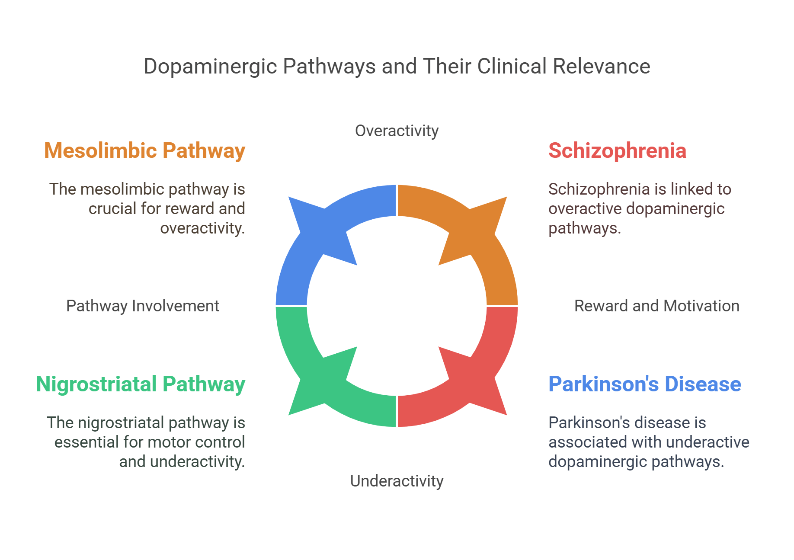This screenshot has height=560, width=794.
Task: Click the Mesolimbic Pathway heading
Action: point(144,150)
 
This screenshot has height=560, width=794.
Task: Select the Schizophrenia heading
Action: point(617,150)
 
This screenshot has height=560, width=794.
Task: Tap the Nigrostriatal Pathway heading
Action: point(141,384)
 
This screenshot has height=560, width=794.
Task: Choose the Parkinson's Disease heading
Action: point(644,384)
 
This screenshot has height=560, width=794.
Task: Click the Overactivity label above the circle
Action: point(397,131)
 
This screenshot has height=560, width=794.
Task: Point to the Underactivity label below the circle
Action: point(397,481)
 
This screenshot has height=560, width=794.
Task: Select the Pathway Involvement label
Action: point(142,306)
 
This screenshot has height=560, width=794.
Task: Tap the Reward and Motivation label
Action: point(656,306)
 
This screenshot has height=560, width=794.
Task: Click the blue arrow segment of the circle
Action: point(311,242)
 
